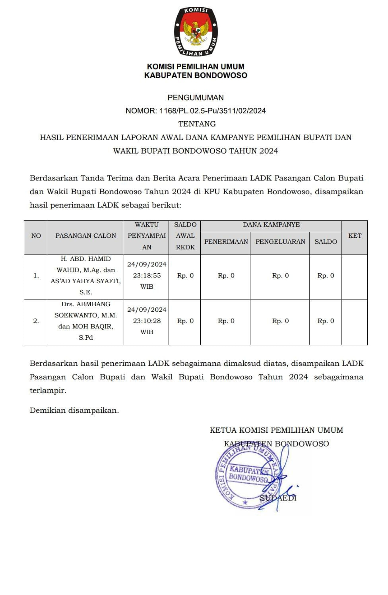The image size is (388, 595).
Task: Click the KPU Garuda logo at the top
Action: coord(196,32)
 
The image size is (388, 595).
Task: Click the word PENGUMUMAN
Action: coord(196,98)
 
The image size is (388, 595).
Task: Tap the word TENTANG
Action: coord(197,124)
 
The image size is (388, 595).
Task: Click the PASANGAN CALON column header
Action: coord(85,236)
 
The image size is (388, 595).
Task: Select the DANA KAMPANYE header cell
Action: coord(271,225)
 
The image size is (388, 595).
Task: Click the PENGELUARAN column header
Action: coord(280,242)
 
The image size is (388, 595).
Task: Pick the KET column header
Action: coord(354,236)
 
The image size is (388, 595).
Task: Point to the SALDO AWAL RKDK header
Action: coord(185,236)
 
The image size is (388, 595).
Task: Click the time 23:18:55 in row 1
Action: coord(147,276)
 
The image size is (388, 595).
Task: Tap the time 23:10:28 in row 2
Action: coord(147,321)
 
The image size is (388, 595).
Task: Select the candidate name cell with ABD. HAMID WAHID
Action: coord(85,276)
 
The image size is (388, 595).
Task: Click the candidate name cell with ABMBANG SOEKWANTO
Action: coord(85,321)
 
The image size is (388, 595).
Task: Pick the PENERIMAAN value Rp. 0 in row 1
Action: coord(226,276)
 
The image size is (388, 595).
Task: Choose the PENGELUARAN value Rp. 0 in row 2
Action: coord(280,321)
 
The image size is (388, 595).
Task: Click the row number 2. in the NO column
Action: coord(36,321)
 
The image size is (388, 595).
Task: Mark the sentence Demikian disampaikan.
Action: coord(74,411)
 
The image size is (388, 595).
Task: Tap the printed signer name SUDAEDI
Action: coord(278,498)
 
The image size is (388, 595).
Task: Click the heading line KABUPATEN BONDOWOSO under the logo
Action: coord(196,76)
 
